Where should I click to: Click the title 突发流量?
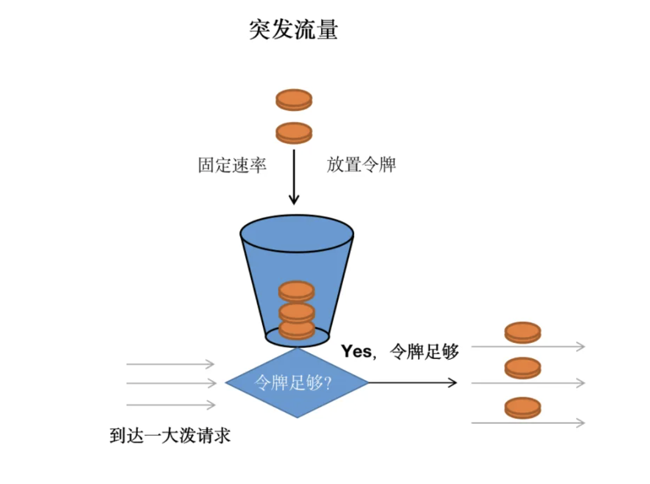click(x=293, y=30)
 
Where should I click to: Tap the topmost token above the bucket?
click(x=294, y=100)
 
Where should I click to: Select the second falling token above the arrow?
click(x=294, y=133)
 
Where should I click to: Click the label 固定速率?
click(x=232, y=165)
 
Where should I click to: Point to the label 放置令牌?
click(x=361, y=165)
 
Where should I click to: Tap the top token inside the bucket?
click(x=296, y=291)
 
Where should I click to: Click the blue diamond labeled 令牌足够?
click(x=296, y=383)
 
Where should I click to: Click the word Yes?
click(x=356, y=351)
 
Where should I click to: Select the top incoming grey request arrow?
click(x=170, y=364)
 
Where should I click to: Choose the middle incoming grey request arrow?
click(x=170, y=384)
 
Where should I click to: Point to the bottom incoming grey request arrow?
click(x=170, y=404)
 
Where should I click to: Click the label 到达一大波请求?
click(x=170, y=436)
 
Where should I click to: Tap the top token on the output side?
click(x=522, y=332)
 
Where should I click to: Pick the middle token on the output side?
click(x=522, y=368)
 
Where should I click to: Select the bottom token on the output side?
click(x=522, y=407)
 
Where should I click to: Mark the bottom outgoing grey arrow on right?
click(x=528, y=423)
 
